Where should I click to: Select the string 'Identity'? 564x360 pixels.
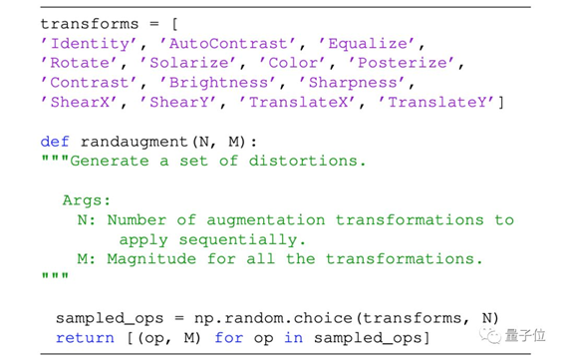tap(85, 44)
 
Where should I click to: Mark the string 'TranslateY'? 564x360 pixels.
tap(438, 102)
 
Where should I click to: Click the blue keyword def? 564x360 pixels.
tap(55, 142)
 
